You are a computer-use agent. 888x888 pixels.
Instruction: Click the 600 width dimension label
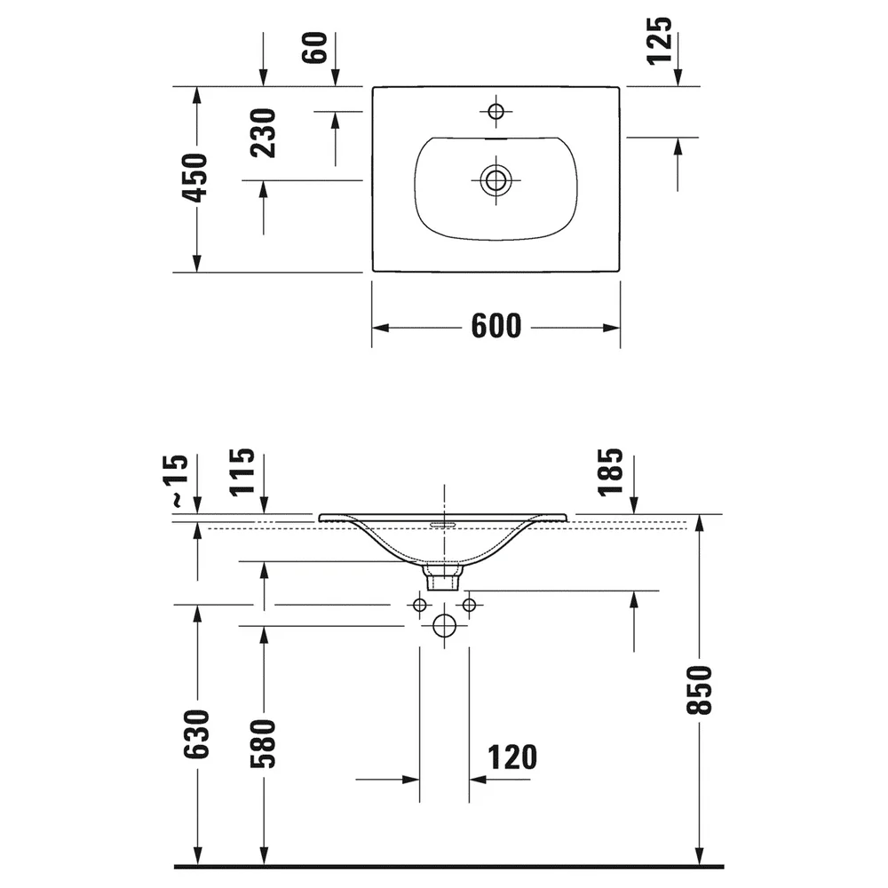point(496,326)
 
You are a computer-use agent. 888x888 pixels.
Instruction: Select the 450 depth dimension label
point(195,178)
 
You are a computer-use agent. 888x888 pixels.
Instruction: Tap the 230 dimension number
point(263,133)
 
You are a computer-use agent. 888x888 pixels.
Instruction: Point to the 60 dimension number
point(315,48)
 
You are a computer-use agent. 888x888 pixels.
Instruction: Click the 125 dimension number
point(660,41)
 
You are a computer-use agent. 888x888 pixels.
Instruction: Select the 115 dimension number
point(242,472)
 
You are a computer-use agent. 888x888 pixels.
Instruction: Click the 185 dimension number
point(611,472)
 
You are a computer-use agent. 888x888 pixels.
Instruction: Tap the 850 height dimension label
point(699,690)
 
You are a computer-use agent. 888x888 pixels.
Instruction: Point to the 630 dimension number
point(196,734)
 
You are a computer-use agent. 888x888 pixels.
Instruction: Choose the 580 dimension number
point(263,743)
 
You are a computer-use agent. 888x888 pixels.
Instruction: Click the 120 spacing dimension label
point(512,757)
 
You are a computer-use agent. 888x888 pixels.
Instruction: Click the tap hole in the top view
point(496,111)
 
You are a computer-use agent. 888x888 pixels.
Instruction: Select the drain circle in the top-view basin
point(496,180)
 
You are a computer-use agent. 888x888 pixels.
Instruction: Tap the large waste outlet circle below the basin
point(444,626)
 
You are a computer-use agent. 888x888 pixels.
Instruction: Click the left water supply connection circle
point(420,605)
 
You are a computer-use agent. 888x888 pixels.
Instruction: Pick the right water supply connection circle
point(469,605)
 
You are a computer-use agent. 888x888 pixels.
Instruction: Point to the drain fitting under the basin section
point(443,576)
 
